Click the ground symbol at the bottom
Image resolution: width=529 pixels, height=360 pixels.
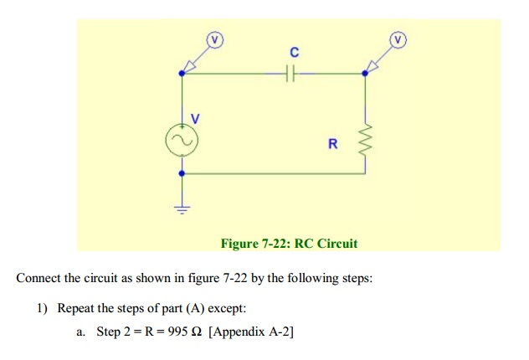click(182, 210)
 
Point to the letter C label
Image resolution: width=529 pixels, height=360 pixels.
click(294, 52)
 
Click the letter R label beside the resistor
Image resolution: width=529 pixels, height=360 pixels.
click(332, 144)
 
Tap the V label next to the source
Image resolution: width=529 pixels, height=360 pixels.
click(195, 118)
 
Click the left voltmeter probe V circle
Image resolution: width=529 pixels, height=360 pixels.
click(215, 40)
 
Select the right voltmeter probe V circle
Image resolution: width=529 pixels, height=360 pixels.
click(398, 40)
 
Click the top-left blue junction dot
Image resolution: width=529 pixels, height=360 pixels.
click(182, 73)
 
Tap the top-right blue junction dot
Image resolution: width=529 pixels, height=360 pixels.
click(365, 73)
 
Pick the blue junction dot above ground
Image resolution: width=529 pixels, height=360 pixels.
click(182, 173)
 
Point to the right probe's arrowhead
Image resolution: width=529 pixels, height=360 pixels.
click(372, 67)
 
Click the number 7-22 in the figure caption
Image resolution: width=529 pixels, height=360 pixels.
click(275, 244)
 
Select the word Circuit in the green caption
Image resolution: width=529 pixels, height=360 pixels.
click(337, 244)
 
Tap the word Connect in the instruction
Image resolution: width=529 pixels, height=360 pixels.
click(39, 278)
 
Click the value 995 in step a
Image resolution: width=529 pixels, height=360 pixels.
click(177, 332)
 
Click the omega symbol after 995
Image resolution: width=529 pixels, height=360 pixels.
click(197, 332)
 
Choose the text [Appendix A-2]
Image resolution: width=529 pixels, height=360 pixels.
click(251, 332)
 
